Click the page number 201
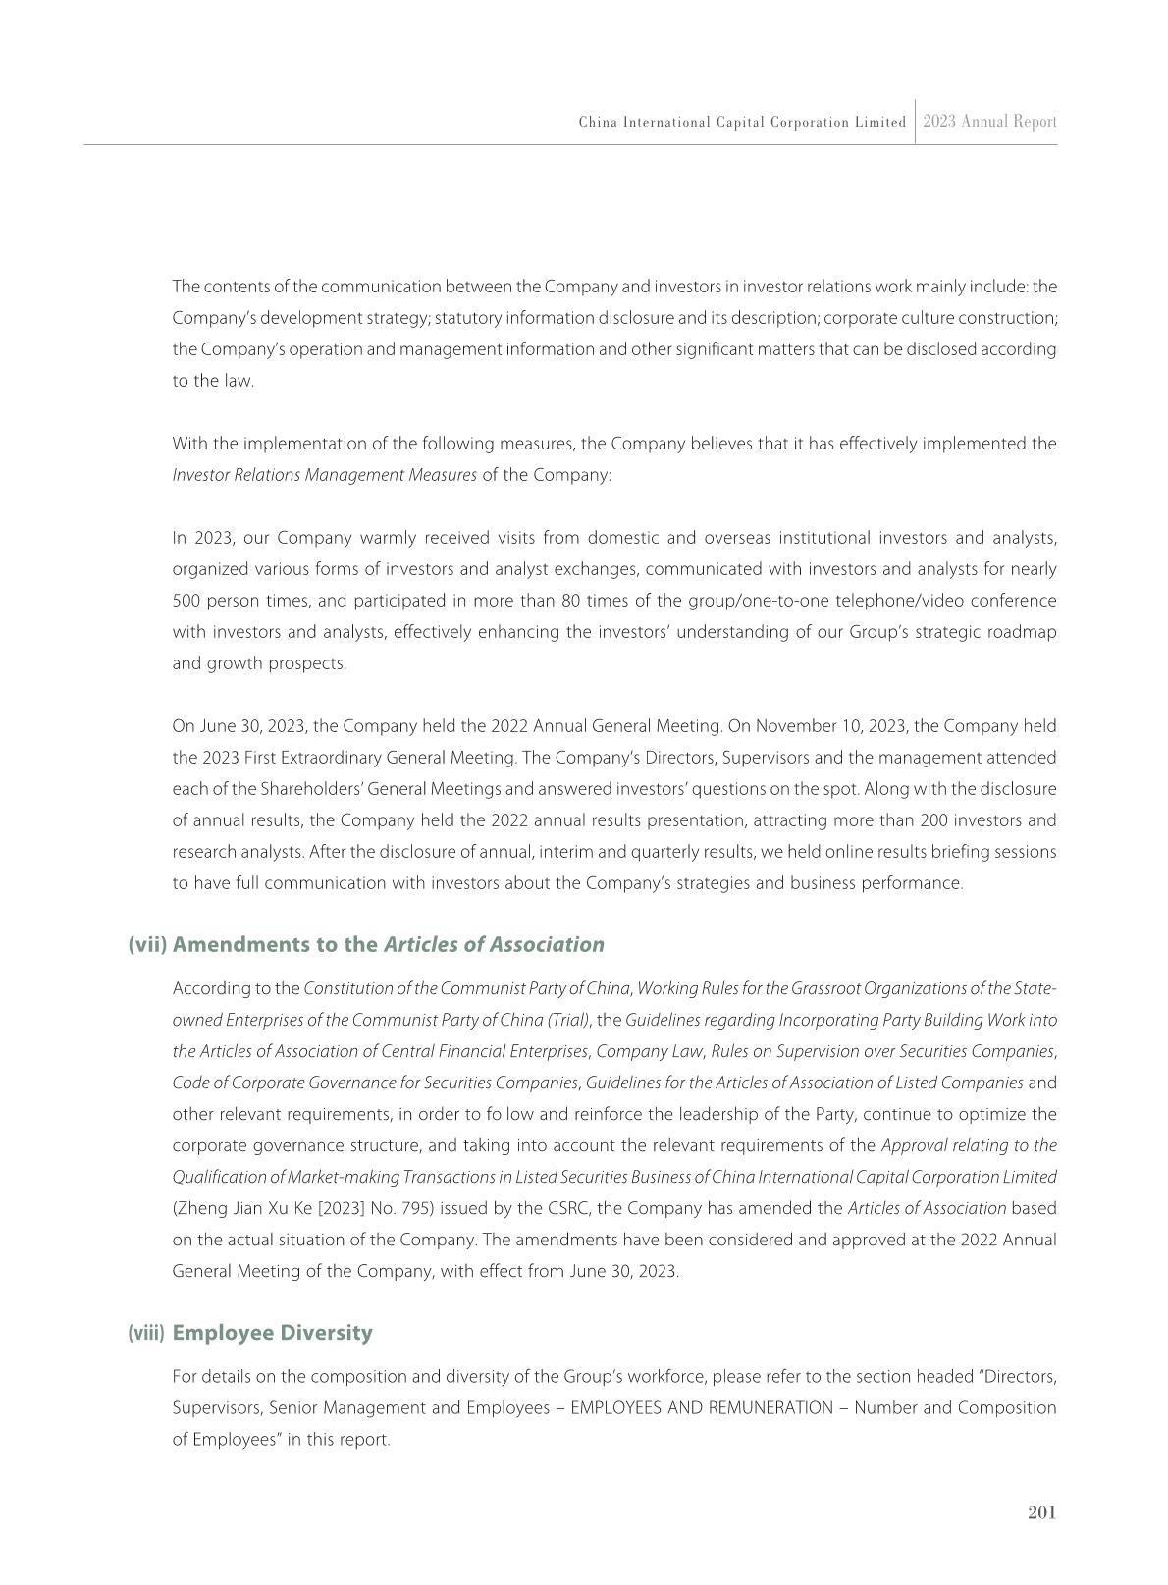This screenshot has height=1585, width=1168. pyautogui.click(x=1041, y=1512)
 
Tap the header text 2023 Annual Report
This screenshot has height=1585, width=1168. pyautogui.click(x=989, y=122)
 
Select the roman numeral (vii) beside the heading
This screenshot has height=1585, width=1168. pyautogui.click(x=148, y=944)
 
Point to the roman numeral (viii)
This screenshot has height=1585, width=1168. pyautogui.click(x=146, y=1333)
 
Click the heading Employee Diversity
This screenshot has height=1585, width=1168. pyautogui.click(x=272, y=1333)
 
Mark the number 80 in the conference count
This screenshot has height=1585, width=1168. pyautogui.click(x=569, y=601)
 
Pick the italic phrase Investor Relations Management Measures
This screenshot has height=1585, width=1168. pyautogui.click(x=324, y=475)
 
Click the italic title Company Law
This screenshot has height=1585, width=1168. pyautogui.click(x=649, y=1051)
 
